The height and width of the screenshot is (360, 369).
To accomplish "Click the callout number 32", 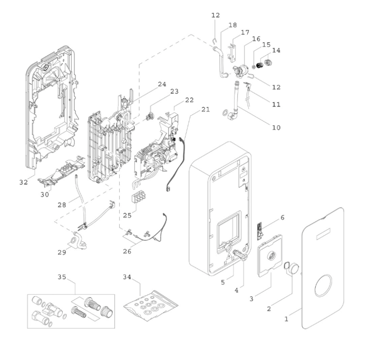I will click(x=23, y=182).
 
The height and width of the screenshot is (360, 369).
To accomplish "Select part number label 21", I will click(x=205, y=110).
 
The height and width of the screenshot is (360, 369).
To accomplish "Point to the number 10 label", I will click(x=276, y=128).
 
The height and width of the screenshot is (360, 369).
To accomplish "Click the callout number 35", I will click(x=62, y=277).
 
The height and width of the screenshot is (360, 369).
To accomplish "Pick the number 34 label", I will click(x=128, y=277).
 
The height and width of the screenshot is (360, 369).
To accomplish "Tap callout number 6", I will click(x=282, y=217).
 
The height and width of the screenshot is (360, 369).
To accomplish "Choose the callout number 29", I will click(x=62, y=252).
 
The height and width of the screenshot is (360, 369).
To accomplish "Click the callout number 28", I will click(x=62, y=204).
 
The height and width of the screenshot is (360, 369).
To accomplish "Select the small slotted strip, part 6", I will click(x=259, y=230).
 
